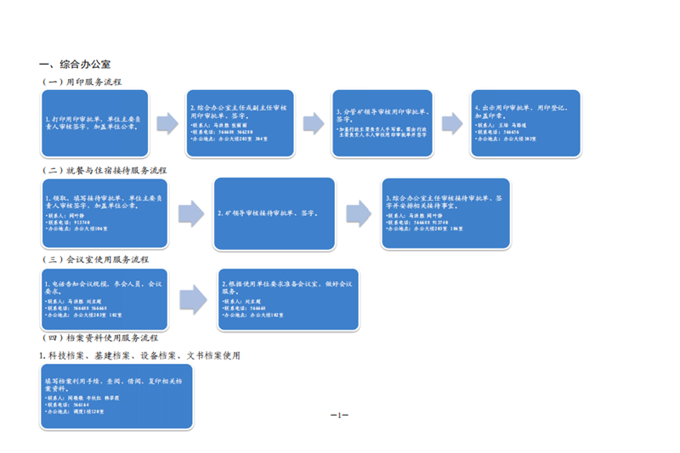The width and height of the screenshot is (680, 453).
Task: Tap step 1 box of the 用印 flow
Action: tap(94, 123)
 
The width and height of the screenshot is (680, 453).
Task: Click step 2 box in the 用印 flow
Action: tap(238, 123)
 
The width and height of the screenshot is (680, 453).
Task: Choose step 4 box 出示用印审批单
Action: tap(526, 123)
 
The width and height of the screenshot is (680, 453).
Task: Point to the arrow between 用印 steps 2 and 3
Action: tap(313, 123)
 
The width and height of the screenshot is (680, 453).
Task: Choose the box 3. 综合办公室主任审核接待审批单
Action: tap(445, 213)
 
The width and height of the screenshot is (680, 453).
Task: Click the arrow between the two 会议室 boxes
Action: tap(194, 299)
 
